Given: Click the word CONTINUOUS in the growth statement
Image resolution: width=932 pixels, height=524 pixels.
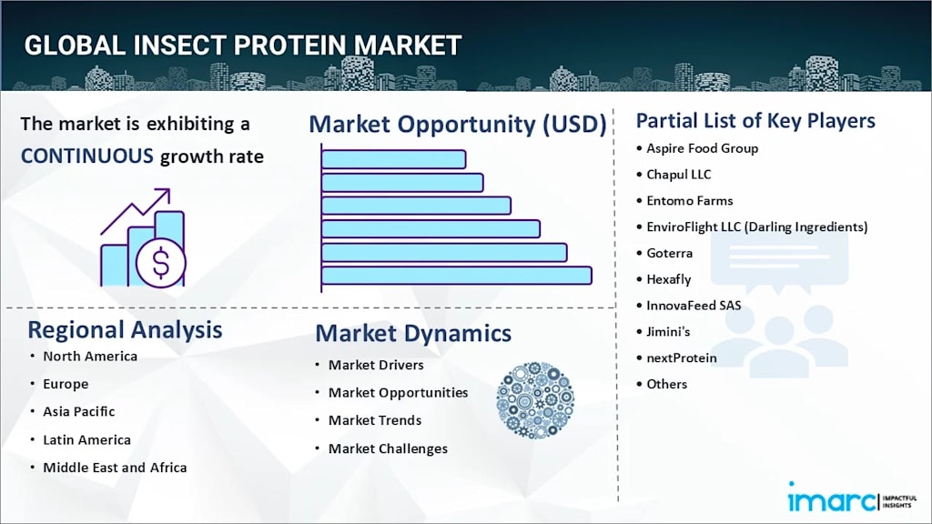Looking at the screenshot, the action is (86, 156).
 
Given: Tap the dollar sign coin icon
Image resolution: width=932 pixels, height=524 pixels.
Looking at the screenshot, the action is (160, 262).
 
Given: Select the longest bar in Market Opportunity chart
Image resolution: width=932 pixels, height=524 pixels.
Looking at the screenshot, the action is (457, 276).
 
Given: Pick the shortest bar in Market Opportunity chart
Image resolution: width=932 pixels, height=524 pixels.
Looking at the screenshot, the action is (393, 159).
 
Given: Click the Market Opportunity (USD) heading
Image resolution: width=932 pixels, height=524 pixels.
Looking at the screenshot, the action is (458, 124).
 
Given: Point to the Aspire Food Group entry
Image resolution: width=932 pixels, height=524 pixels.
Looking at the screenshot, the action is (702, 148).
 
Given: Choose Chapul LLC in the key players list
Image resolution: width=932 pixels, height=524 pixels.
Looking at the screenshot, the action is (678, 175).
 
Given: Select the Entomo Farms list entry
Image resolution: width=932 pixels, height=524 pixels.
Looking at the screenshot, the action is (690, 201).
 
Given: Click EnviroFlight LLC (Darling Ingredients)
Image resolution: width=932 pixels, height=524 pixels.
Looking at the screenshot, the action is (756, 227).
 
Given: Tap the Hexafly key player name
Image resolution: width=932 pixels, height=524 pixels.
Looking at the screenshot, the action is (669, 279).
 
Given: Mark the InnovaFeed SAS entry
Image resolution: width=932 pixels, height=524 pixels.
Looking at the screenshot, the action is (694, 306).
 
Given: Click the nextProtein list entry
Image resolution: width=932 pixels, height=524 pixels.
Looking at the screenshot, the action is (681, 358).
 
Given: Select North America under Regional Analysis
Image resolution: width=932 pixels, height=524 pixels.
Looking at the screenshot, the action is (90, 357).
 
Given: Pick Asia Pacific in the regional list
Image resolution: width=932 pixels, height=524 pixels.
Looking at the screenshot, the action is (78, 412).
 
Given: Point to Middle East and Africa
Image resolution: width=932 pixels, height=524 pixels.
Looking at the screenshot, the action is (115, 468).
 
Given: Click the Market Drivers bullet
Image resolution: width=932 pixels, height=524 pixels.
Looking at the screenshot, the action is (376, 365).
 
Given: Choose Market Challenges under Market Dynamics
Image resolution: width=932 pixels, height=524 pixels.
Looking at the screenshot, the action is (388, 448).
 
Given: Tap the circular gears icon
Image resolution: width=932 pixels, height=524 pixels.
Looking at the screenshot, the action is (535, 400).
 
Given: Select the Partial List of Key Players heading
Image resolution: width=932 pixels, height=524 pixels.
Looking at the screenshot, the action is (755, 121).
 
